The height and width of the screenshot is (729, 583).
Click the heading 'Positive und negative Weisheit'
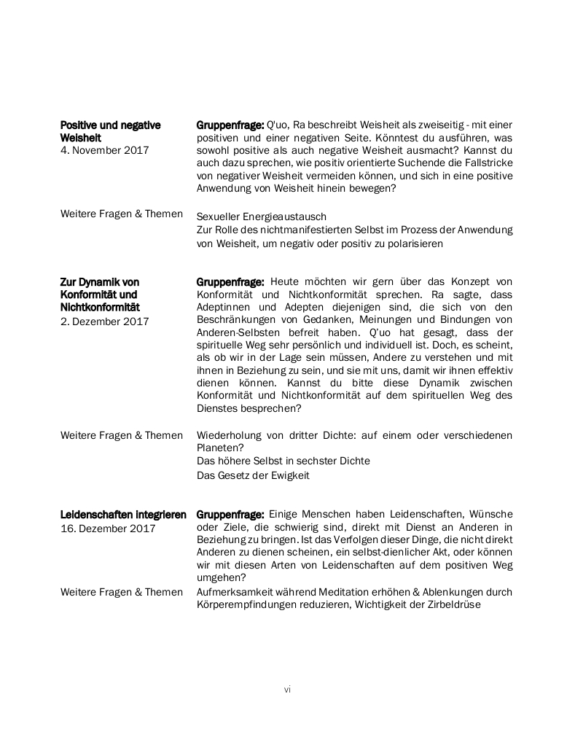point(110,131)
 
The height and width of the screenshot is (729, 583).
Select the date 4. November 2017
point(104,150)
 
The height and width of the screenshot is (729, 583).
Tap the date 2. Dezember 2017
point(104,321)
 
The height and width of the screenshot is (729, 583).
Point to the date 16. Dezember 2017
point(108,529)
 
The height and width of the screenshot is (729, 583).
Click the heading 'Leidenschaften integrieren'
point(123,515)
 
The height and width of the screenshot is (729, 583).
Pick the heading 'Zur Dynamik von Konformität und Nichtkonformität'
point(100,295)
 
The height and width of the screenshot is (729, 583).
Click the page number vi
point(287,689)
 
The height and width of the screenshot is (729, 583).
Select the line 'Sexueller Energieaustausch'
point(262,217)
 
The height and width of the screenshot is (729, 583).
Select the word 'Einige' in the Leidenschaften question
point(285,514)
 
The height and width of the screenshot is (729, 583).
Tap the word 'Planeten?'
point(220,448)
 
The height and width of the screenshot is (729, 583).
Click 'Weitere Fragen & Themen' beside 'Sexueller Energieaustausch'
point(122,214)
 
